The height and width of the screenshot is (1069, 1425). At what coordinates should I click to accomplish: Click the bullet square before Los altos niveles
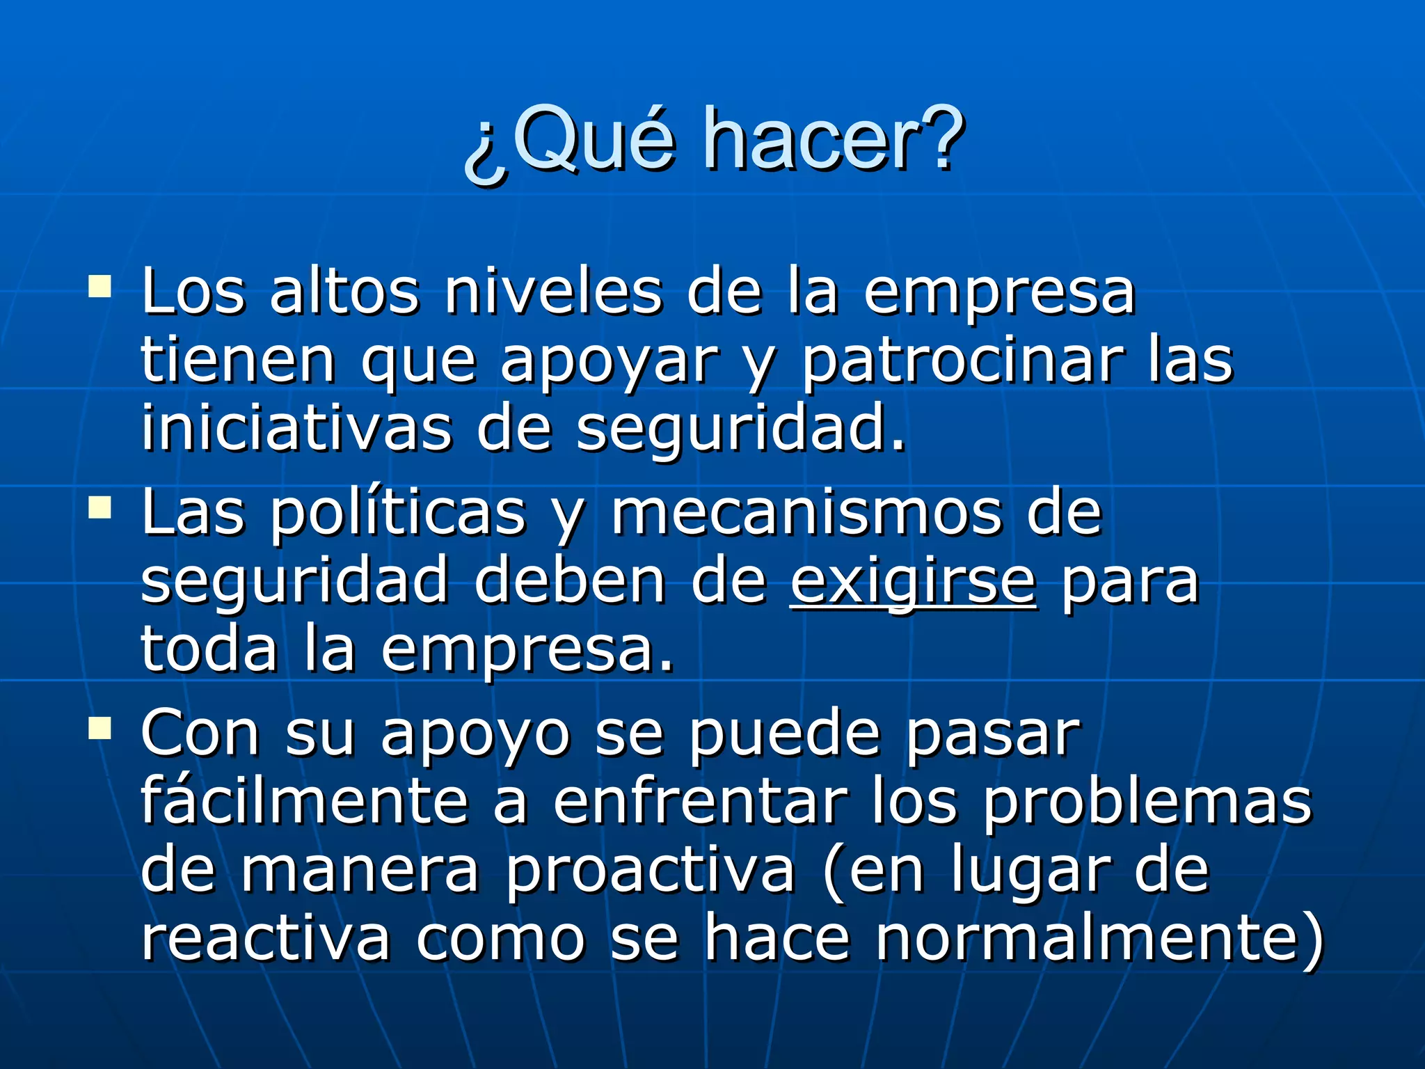(x=99, y=287)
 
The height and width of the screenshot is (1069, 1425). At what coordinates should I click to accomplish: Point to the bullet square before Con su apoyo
(x=99, y=729)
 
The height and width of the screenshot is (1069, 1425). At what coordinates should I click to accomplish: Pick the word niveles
(x=553, y=292)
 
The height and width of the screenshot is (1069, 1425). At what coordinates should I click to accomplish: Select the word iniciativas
(x=296, y=429)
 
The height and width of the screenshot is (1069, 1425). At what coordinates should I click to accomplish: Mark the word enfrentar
(x=700, y=802)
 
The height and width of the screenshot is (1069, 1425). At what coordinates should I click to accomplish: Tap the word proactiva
(x=650, y=872)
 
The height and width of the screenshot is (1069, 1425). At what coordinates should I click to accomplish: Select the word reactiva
(x=265, y=939)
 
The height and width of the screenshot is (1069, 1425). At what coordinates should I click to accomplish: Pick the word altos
(x=344, y=292)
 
